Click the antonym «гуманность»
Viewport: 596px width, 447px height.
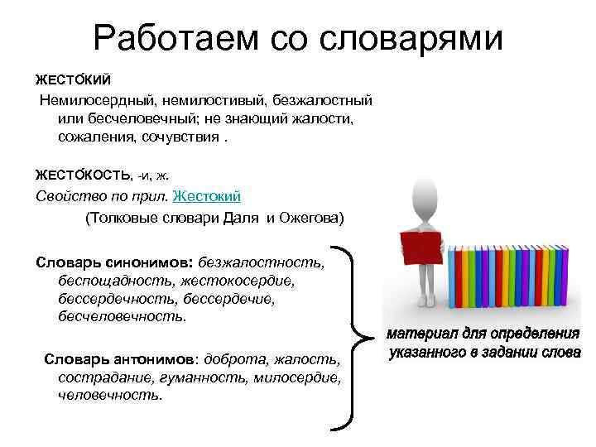tap(207, 377)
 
